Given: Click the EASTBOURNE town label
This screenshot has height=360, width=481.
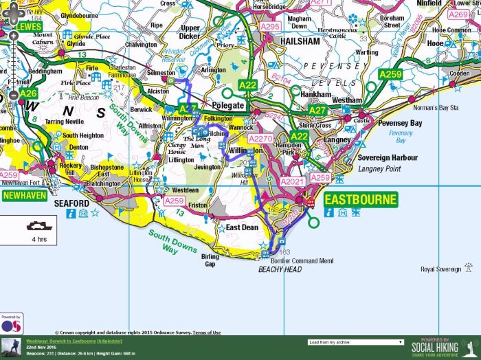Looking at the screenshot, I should coord(361,201).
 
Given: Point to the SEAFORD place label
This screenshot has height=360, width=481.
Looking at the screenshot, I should coord(71,204).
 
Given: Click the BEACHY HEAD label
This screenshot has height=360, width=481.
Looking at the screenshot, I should coord(280,270).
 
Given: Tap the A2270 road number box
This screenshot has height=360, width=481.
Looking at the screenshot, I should coord(261,139).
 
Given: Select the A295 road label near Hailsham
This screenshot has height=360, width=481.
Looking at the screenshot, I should coord(269,27).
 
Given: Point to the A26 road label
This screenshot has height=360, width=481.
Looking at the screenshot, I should coord(27,93).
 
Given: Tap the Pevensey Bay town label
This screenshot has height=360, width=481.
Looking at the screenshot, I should coord(398,123).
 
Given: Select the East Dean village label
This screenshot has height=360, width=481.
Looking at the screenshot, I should coord(242,227).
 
